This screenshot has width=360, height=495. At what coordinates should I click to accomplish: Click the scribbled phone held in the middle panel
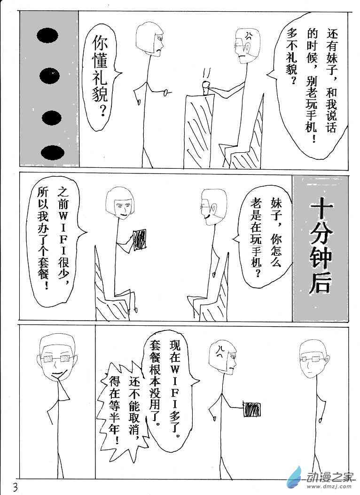coord(140,240)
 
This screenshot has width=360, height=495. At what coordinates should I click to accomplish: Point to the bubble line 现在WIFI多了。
coord(175,388)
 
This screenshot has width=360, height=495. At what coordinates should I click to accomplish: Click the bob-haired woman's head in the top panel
coord(150,38)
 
